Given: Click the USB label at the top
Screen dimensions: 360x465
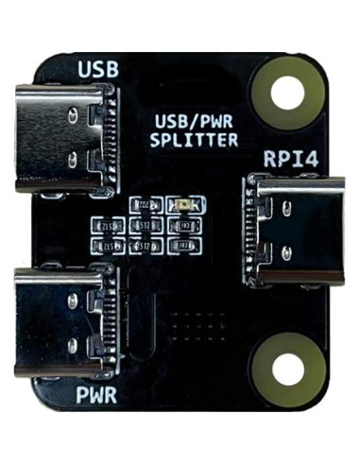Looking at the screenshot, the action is tap(96, 70).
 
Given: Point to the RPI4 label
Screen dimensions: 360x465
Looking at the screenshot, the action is tap(290, 157).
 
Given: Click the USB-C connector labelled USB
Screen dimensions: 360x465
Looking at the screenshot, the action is tap(66, 138).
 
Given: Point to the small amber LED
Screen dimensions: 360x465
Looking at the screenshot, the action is tap(185, 205).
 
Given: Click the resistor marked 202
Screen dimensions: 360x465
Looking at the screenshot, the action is tap(147, 205).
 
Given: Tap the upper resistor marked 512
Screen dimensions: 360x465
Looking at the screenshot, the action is tap(146, 226).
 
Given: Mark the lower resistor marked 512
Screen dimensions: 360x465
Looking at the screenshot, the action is tap(146, 246).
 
